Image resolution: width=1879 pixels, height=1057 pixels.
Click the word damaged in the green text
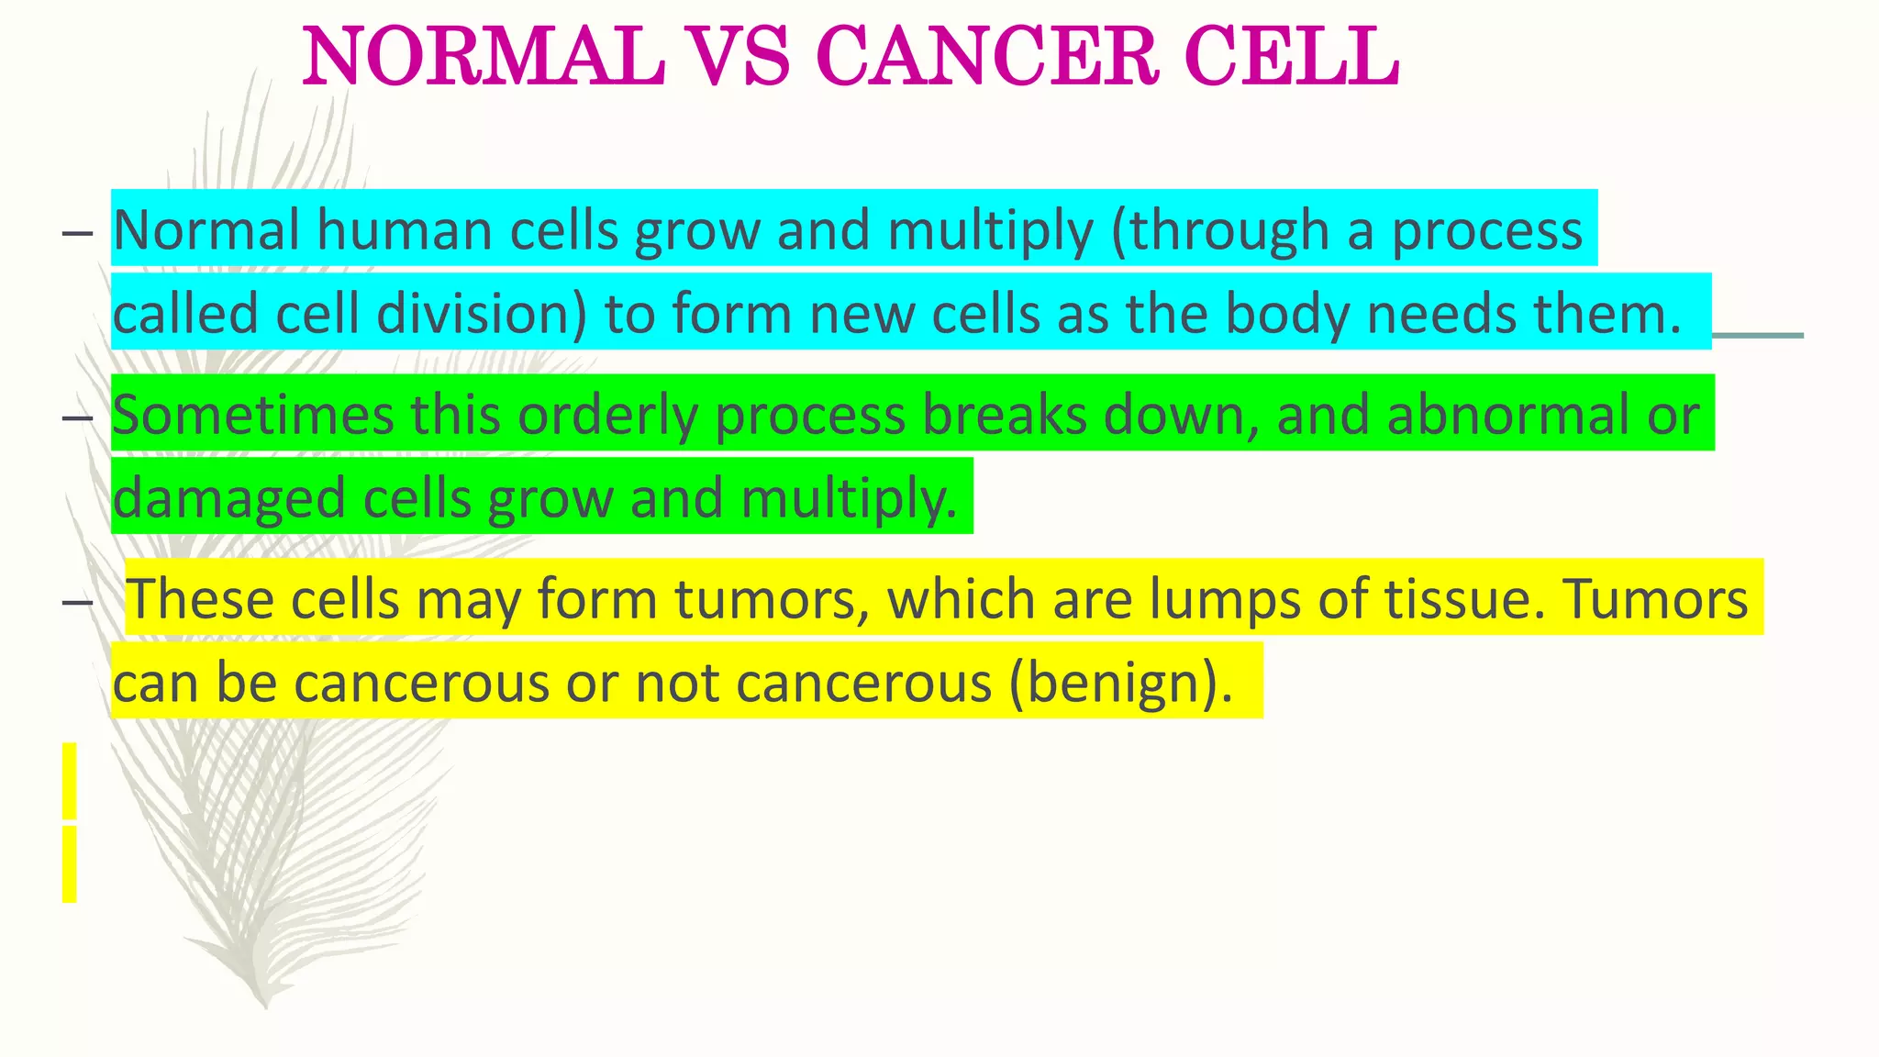click(229, 498)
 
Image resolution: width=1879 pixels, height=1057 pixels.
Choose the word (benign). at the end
click(1121, 683)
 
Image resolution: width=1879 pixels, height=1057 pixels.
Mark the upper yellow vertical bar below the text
click(70, 781)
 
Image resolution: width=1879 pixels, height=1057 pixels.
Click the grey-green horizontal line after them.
click(1757, 336)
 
